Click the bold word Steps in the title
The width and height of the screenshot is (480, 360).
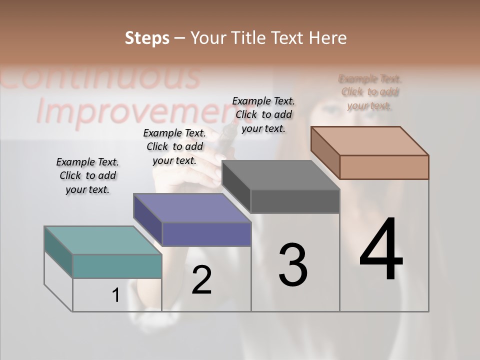tap(147, 38)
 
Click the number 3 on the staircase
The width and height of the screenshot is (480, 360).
tap(293, 264)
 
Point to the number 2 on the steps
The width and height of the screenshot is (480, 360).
tap(201, 280)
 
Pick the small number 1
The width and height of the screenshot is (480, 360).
tap(115, 295)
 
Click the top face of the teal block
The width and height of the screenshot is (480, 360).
tap(103, 240)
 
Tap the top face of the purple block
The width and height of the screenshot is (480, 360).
tap(192, 208)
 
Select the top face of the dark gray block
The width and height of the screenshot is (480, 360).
tap(280, 175)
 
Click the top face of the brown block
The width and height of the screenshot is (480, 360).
tap(369, 141)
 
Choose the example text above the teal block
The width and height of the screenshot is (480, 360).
tap(87, 175)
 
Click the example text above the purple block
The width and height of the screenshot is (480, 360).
tap(174, 146)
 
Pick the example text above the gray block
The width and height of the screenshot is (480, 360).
tap(263, 114)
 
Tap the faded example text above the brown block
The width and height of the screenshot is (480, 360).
tap(370, 92)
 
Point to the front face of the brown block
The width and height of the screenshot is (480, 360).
tap(384, 167)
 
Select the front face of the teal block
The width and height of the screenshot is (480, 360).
tap(117, 266)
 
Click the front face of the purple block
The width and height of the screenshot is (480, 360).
tap(206, 234)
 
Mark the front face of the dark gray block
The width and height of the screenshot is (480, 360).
tap(295, 201)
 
